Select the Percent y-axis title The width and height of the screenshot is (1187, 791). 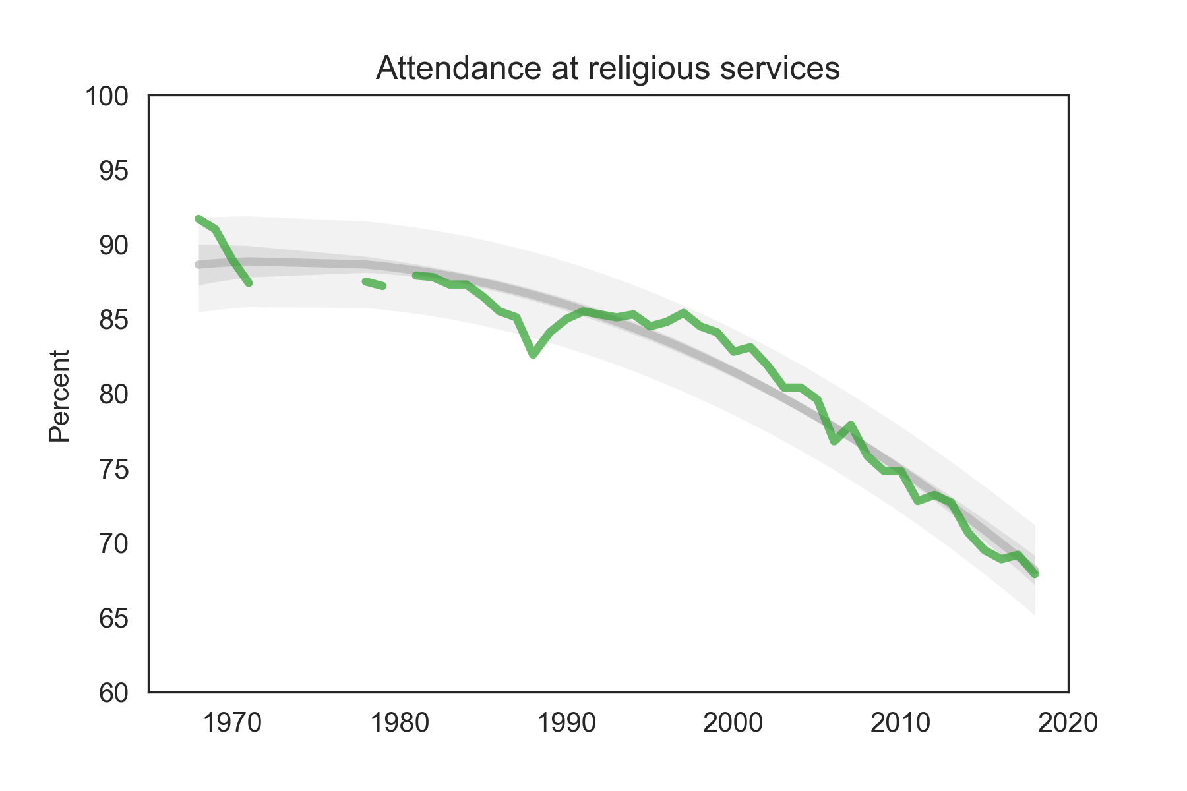pos(59,395)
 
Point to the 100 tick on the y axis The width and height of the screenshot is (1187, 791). pos(106,97)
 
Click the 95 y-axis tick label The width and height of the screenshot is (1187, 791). pos(113,171)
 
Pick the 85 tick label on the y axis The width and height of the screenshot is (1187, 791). pos(113,320)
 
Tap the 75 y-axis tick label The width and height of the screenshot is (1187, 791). pos(113,470)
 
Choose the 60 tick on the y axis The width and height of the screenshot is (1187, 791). pos(113,693)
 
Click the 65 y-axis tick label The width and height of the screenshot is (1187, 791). pos(113,619)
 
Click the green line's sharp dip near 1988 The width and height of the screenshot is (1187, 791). pos(533,355)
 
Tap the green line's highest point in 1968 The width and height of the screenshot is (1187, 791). pos(198,218)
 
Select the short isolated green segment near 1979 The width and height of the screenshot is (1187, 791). pos(374,283)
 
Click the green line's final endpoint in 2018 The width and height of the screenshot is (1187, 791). pos(1035,574)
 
